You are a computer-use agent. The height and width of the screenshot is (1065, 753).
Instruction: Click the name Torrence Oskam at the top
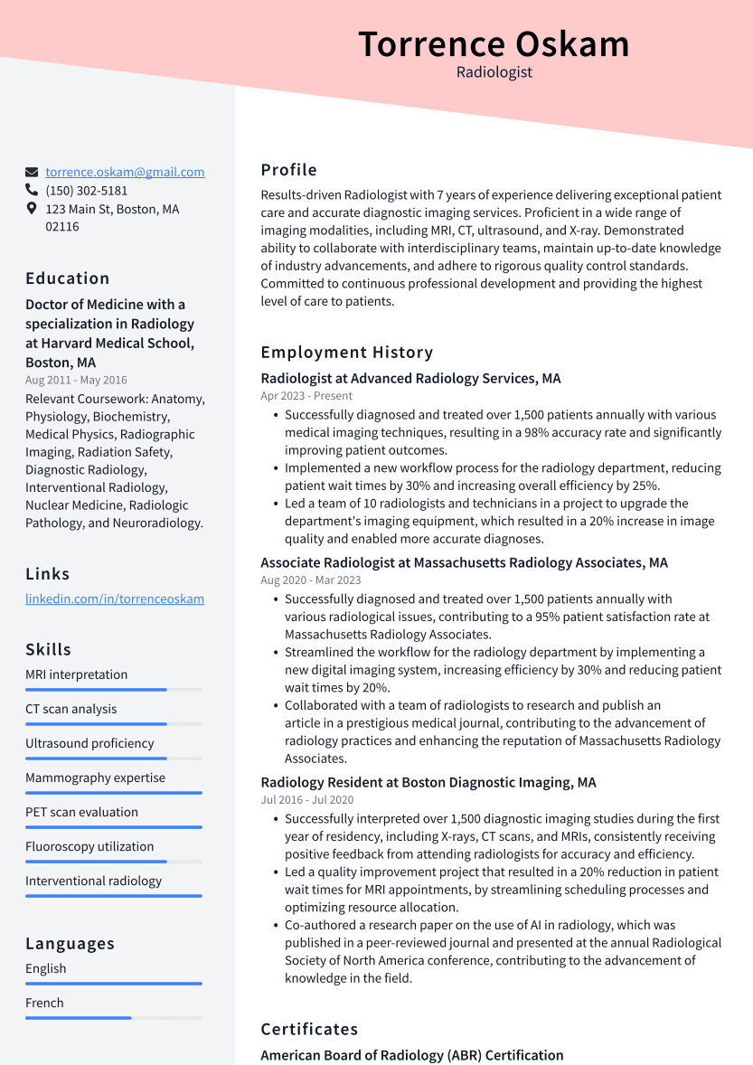click(x=494, y=44)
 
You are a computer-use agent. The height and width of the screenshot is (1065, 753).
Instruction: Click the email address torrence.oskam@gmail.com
click(x=125, y=172)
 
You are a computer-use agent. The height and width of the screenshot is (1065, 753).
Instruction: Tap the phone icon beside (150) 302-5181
click(x=32, y=191)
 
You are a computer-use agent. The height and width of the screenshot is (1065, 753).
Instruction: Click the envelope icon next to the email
click(x=32, y=172)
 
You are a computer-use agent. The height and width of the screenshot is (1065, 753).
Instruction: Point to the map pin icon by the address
click(x=32, y=209)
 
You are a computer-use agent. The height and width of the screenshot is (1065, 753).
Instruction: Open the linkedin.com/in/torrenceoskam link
click(x=115, y=598)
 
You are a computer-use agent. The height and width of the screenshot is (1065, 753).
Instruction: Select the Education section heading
click(x=68, y=278)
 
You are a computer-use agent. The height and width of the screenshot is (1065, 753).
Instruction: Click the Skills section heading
click(x=49, y=649)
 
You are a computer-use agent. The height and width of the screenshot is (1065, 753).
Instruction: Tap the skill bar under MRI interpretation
click(x=113, y=690)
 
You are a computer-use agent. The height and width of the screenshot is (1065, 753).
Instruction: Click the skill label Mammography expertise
click(x=95, y=778)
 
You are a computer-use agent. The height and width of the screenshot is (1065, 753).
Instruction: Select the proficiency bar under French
click(x=113, y=1018)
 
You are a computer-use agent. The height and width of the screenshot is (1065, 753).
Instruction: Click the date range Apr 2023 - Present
click(x=306, y=396)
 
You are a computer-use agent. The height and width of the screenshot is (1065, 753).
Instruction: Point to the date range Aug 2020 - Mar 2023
click(x=310, y=580)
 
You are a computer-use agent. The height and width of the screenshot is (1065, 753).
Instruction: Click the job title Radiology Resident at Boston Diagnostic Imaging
click(x=428, y=782)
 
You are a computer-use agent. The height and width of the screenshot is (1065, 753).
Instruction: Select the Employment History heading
click(x=347, y=353)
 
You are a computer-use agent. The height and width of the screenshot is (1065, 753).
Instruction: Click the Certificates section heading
click(x=309, y=1029)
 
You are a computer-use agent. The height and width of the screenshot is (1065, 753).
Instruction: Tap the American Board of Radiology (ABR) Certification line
click(x=411, y=1055)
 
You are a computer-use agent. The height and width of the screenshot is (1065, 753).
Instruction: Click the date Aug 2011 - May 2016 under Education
click(x=76, y=381)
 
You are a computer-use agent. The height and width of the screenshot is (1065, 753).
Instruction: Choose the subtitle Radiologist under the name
click(x=494, y=72)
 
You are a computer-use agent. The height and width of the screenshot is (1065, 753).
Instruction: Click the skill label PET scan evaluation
click(x=81, y=812)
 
